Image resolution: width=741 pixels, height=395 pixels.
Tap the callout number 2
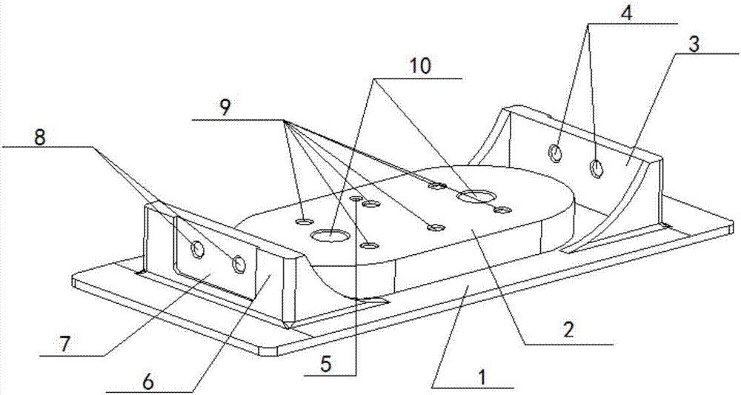click(x=569, y=329)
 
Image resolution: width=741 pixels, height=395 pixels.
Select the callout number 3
click(x=694, y=45)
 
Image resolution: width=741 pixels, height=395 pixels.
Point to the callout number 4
click(x=626, y=13)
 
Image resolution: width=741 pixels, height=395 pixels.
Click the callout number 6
click(x=148, y=382)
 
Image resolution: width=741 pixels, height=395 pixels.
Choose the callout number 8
click(x=40, y=138)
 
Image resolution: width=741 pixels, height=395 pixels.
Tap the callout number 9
click(x=225, y=108)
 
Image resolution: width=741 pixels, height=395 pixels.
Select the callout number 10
click(x=419, y=66)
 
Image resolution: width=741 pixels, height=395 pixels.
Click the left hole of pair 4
click(x=555, y=153)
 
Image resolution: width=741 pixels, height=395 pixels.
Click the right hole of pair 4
click(x=597, y=168)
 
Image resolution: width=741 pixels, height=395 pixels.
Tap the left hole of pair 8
click(x=198, y=249)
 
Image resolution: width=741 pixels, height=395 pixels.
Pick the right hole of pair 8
click(x=239, y=264)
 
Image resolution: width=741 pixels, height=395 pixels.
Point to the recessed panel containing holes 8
click(x=214, y=257)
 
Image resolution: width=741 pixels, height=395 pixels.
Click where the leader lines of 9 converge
click(x=285, y=121)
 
